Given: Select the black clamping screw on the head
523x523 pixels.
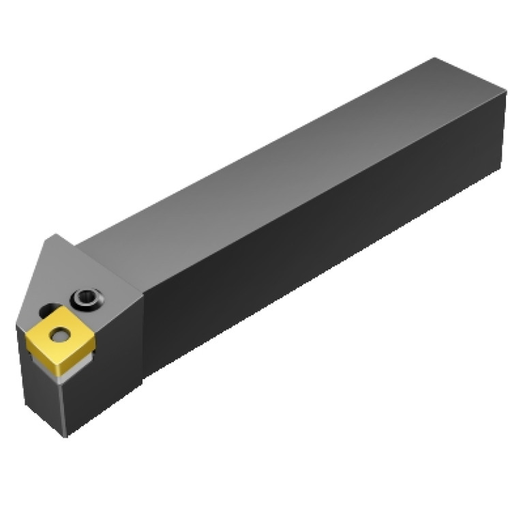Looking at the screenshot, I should coord(87,298).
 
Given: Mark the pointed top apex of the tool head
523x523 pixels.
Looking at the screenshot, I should coord(55,236).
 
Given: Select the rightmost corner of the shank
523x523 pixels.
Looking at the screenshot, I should coord(506,93).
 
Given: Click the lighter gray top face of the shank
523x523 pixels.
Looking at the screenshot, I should coord(286,157).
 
